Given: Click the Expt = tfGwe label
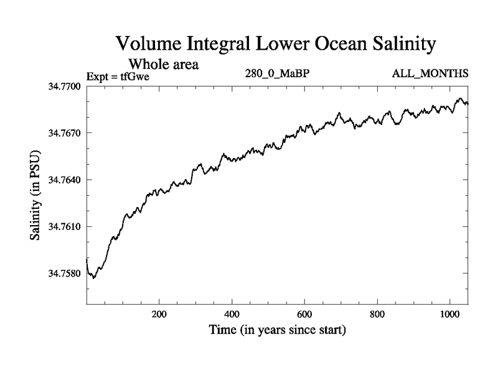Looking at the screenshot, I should [118, 77].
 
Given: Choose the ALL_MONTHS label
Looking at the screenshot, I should [430, 74].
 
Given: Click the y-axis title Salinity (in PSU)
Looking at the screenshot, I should [35, 195].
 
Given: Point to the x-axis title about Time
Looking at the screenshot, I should [276, 329].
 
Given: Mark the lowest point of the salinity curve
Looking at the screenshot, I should [94, 277].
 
